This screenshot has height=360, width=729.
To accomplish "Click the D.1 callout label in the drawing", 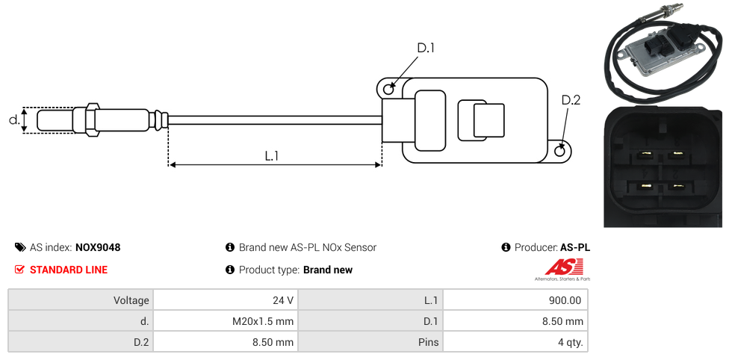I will point(426,49).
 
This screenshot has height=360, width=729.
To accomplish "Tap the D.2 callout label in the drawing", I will point(571,100).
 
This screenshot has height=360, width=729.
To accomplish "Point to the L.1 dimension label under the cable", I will point(272,156).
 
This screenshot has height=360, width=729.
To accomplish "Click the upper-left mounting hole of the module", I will point(388,90).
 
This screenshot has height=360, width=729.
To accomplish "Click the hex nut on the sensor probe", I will point(93,120).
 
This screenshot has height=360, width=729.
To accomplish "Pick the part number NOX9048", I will point(98,247).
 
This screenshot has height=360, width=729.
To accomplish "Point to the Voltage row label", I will point(131,300).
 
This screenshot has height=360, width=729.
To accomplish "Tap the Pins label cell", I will point(429,343).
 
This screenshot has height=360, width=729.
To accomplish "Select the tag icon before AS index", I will point(20,247).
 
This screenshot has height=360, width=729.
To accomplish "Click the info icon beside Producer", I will point(506,247).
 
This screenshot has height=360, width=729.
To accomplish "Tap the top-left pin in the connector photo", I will point(645,156).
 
